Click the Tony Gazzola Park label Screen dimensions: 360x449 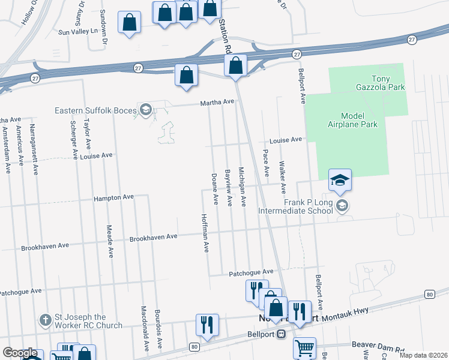pos(388,83)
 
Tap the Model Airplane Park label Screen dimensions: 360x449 pos(359,120)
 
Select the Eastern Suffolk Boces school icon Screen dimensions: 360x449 pos(145,109)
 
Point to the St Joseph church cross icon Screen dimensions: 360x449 pos(44,318)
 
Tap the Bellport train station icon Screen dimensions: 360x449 pos(280,335)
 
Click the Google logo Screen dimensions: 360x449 pos(20,353)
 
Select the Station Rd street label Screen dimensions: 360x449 pos(226,33)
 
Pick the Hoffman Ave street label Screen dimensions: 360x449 pos(205,233)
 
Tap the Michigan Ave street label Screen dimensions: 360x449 pos(243,187)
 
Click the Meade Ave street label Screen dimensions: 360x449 pos(110,241)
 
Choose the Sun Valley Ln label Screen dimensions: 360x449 pos(78,31)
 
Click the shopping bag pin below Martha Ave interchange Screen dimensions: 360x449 pos(187,76)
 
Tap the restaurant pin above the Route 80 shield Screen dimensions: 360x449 pos(207,325)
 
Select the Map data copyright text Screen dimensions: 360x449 pos(423,355)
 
